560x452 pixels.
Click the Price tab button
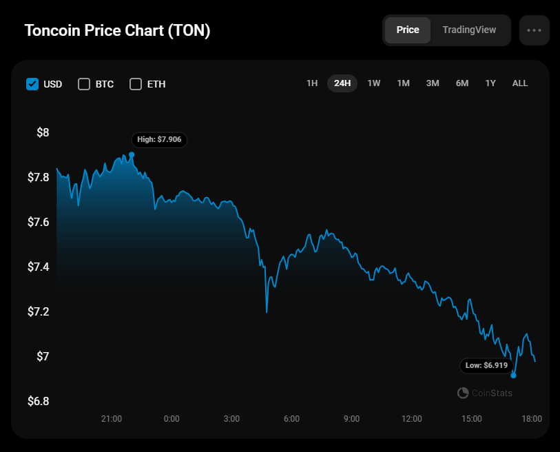[408, 30]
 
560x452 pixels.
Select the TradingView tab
[469, 30]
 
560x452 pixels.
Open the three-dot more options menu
[535, 30]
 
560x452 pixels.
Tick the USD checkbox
[32, 84]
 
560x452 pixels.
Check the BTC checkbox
[84, 84]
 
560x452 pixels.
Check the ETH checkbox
[136, 84]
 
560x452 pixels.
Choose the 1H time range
[312, 83]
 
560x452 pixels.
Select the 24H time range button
[342, 83]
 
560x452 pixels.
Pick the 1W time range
[374, 83]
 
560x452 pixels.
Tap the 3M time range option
[433, 83]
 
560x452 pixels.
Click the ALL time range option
[520, 83]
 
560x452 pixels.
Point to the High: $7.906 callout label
[159, 139]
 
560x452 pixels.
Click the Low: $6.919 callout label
[486, 365]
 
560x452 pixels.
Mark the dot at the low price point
[513, 376]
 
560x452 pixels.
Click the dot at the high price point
[132, 155]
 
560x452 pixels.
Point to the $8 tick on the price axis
[43, 132]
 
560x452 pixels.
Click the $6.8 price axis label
[39, 401]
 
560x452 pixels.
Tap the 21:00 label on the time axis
[112, 418]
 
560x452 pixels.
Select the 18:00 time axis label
[532, 418]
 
